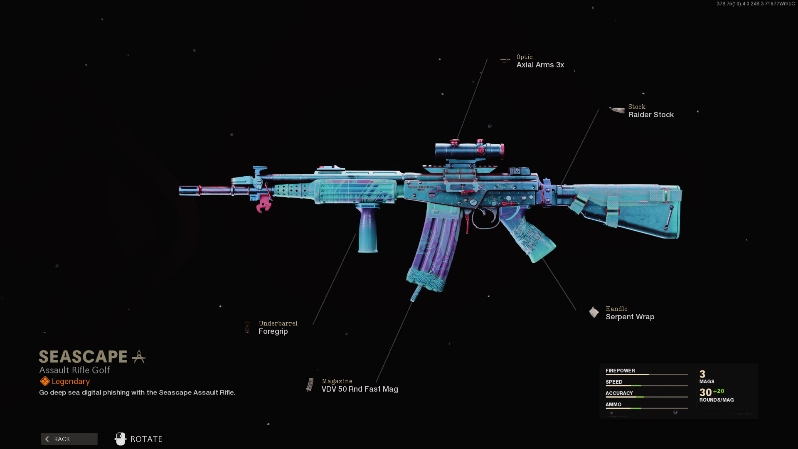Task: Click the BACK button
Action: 69,439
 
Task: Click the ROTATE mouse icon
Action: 121,439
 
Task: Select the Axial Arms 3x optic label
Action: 540,65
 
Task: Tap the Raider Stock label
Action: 651,115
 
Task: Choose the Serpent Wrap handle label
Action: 630,317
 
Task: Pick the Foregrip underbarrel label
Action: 273,331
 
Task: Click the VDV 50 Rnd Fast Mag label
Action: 360,389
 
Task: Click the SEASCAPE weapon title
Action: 83,357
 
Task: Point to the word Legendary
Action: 71,382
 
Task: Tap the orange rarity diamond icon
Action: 45,381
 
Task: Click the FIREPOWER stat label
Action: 620,370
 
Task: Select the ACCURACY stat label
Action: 619,393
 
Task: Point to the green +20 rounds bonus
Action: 719,391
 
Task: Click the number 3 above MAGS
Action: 702,374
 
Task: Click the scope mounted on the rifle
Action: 469,150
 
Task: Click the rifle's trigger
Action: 468,220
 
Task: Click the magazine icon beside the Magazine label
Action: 310,385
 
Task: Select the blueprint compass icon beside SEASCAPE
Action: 139,357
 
